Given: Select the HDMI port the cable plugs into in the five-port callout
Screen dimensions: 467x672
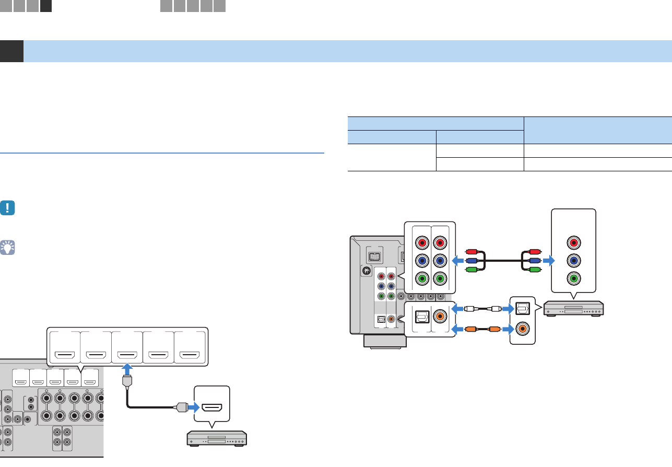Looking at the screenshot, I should coord(127,357).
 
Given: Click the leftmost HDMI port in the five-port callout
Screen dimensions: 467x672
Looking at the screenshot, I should coord(65,357).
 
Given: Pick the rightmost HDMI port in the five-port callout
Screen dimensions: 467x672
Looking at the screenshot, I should coord(189,357).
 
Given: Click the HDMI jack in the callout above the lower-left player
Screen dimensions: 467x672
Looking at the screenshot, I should coord(211,406).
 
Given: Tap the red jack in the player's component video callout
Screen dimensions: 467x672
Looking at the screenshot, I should coord(574,242).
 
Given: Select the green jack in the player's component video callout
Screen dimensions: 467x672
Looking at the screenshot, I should coord(574,278).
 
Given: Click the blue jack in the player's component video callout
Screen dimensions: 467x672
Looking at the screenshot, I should coord(574,261).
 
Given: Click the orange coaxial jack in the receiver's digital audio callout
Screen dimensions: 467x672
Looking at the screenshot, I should coord(440,316).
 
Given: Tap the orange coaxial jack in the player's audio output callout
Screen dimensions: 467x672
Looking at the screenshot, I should coord(523,330).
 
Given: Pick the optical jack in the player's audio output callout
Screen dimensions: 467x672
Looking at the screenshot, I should coord(523,309).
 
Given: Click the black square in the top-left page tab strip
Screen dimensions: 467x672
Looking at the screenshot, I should coord(45,6).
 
